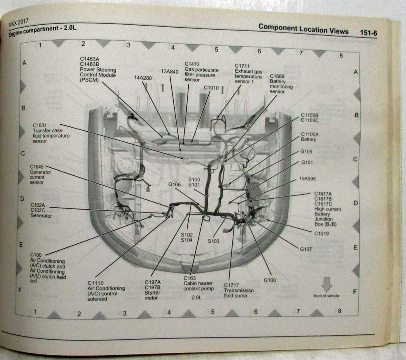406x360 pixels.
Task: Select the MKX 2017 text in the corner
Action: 19,25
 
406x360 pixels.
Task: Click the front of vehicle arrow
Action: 327,284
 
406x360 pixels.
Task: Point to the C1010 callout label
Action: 211,87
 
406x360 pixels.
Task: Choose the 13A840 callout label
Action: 170,71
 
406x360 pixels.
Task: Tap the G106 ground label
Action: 175,185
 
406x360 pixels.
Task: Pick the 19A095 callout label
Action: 308,178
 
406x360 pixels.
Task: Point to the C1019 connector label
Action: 321,234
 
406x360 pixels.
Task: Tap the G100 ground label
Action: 270,280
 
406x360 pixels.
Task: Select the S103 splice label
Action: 214,241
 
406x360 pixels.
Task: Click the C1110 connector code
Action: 95,283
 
